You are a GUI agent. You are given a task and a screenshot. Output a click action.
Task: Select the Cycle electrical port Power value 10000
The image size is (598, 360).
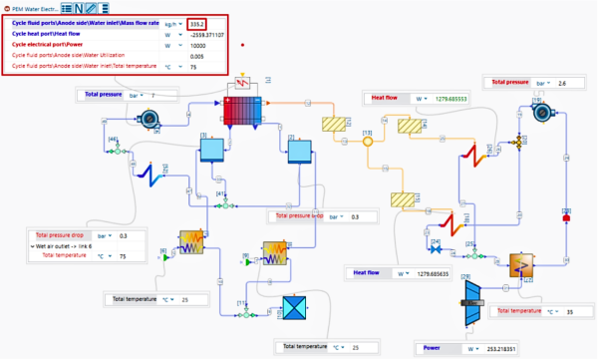point(197,45)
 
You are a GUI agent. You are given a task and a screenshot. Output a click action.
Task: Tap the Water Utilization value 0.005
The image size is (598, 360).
point(197,56)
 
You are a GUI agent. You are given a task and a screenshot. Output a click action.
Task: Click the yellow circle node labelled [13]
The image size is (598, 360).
point(367,142)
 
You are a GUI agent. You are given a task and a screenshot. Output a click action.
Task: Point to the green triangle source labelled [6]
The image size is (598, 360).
point(165,257)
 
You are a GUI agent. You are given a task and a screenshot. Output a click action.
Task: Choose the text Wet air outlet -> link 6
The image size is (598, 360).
point(62,245)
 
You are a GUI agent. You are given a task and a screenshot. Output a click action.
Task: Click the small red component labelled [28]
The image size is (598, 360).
point(565,213)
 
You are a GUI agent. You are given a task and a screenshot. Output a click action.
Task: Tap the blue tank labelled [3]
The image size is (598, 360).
point(211,149)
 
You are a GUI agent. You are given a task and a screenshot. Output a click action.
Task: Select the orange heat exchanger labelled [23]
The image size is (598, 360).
point(522,265)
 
